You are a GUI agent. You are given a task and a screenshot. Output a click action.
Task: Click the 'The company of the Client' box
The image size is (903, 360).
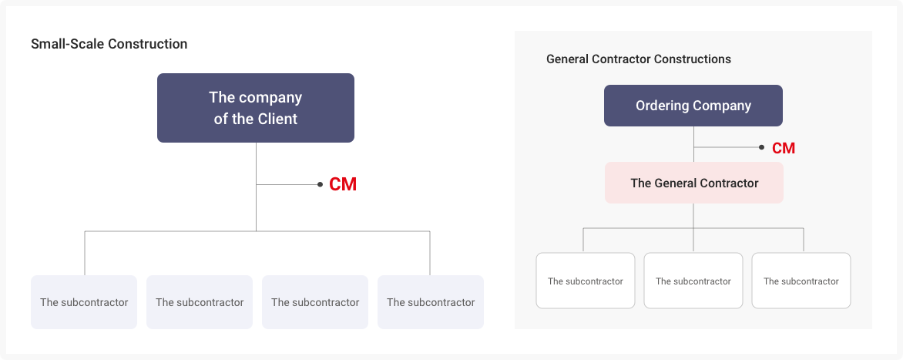tap(255, 108)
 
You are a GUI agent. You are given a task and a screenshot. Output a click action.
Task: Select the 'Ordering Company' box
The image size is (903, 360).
tap(693, 106)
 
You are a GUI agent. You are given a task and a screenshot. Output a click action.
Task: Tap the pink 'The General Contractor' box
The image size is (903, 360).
tap(693, 183)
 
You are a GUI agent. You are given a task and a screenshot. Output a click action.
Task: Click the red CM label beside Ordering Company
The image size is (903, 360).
tap(784, 148)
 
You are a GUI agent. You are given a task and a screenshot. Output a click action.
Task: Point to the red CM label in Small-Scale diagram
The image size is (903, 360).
tap(342, 185)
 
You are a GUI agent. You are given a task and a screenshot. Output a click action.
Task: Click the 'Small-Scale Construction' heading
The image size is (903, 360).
tap(109, 44)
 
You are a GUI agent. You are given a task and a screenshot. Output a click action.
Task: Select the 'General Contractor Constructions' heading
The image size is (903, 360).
tap(638, 59)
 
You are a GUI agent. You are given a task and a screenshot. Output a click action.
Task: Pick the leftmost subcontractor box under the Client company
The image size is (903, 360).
tap(84, 302)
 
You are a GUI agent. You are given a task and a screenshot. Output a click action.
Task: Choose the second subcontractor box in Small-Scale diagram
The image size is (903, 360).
tap(200, 302)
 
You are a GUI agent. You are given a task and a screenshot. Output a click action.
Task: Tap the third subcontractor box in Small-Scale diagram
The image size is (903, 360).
tap(315, 302)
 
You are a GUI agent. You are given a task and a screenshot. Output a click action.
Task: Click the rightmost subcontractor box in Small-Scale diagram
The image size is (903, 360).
tap(431, 302)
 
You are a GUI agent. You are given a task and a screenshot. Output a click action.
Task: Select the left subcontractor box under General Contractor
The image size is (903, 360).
tap(586, 281)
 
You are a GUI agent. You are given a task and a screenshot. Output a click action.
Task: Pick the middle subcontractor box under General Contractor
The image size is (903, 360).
tap(693, 281)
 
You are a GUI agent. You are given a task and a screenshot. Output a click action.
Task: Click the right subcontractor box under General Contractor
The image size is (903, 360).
tap(801, 281)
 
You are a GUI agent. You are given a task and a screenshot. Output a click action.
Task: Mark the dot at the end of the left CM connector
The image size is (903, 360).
tap(320, 185)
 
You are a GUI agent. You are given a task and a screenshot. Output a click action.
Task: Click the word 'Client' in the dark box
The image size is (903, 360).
tap(277, 119)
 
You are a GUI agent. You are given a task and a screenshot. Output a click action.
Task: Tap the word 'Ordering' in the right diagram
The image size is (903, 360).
tap(662, 106)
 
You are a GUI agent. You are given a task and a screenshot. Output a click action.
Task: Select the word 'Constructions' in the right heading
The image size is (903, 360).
tap(696, 59)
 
